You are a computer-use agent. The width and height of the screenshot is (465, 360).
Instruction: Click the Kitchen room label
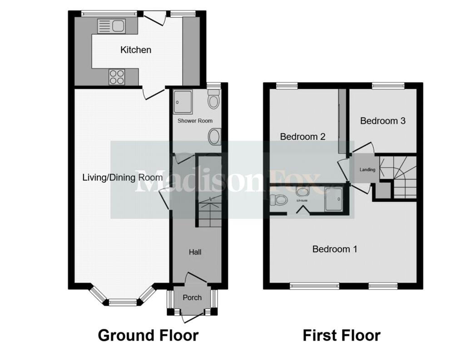click(136, 50)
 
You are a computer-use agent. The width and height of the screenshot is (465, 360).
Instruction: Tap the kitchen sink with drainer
click(111, 26)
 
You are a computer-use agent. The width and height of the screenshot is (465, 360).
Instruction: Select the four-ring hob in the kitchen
click(117, 77)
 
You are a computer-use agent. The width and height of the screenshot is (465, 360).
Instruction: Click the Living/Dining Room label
click(123, 178)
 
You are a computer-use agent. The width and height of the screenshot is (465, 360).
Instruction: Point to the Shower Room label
click(195, 121)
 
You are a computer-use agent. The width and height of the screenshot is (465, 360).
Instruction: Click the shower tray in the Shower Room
click(183, 102)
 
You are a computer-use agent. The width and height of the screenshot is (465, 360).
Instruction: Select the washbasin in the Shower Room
click(214, 137)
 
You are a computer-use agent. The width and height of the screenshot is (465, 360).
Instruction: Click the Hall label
click(195, 252)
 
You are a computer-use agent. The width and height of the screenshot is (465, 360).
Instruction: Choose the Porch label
click(192, 297)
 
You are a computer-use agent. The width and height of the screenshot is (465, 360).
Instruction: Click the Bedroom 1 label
click(335, 249)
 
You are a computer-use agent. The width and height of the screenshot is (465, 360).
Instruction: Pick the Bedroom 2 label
click(303, 137)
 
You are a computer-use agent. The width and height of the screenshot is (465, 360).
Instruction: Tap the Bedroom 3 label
click(383, 121)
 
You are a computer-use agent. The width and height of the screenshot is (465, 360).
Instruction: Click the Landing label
click(367, 170)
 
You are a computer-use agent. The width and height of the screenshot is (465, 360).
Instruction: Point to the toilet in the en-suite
click(279, 199)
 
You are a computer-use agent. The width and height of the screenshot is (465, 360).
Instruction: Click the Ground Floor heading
click(148, 335)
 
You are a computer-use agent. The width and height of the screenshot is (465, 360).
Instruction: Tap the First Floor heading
click(341, 335)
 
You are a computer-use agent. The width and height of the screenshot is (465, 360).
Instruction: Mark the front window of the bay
click(123, 302)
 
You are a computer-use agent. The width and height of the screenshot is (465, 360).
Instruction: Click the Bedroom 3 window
click(388, 86)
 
